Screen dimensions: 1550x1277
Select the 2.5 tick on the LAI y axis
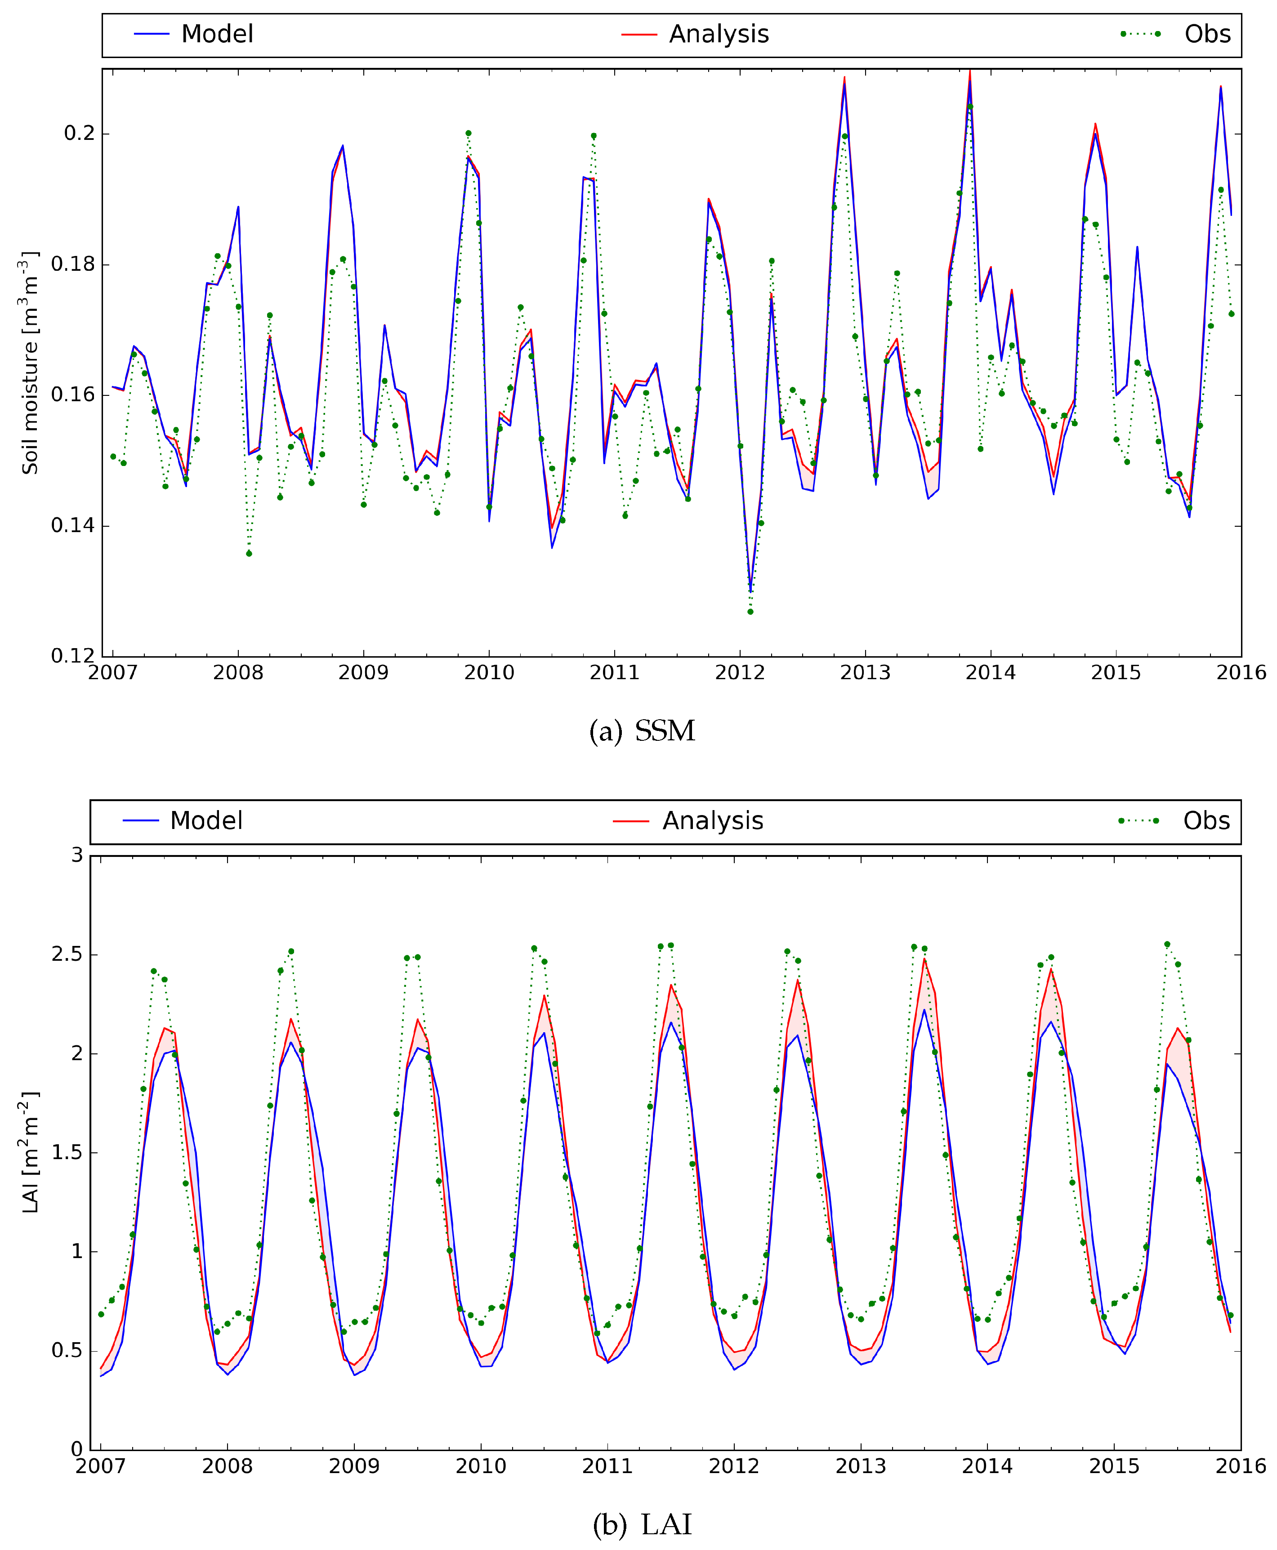click(x=68, y=954)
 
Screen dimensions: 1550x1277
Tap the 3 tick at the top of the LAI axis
click(x=76, y=855)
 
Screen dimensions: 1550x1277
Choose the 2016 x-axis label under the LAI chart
click(x=1240, y=1466)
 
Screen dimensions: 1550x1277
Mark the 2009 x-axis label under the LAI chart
click(x=354, y=1466)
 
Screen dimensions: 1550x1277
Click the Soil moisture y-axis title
click(x=29, y=362)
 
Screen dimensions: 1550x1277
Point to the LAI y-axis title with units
click(x=29, y=1152)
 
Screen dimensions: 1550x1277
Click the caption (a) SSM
click(x=642, y=731)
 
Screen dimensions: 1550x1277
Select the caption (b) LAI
click(x=642, y=1524)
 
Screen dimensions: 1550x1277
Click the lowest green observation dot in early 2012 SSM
click(x=750, y=611)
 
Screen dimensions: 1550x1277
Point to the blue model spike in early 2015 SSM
click(x=1137, y=247)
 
